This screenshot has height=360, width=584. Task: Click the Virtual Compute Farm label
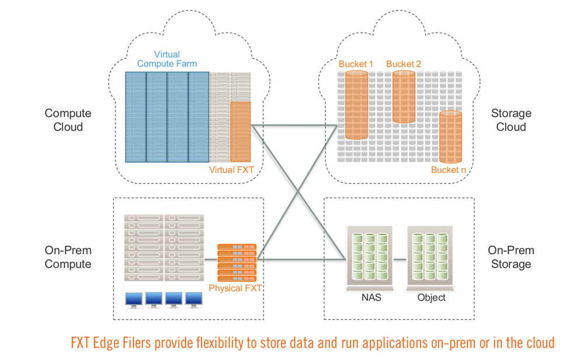pyautogui.click(x=167, y=59)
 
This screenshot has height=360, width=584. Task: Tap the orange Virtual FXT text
pyautogui.click(x=231, y=170)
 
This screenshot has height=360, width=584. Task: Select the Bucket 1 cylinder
pyautogui.click(x=356, y=105)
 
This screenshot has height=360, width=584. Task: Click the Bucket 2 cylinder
pyautogui.click(x=404, y=96)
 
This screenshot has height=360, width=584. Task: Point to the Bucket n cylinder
pyautogui.click(x=450, y=137)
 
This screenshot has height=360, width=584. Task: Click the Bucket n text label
pyautogui.click(x=449, y=170)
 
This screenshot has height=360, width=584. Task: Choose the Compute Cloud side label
pyautogui.click(x=68, y=120)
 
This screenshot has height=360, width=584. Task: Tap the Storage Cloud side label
pyautogui.click(x=511, y=120)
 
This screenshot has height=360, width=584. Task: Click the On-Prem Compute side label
pyautogui.click(x=68, y=257)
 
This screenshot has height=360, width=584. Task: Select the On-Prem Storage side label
pyautogui.click(x=511, y=257)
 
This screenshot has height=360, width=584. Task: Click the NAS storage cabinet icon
pyautogui.click(x=370, y=258)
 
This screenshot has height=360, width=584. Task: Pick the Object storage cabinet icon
pyautogui.click(x=430, y=258)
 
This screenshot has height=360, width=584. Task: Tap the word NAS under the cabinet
pyautogui.click(x=371, y=297)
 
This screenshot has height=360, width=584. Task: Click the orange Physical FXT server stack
pyautogui.click(x=237, y=262)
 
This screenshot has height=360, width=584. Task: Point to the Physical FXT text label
pyautogui.click(x=235, y=288)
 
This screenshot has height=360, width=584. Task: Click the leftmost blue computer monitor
pyautogui.click(x=134, y=300)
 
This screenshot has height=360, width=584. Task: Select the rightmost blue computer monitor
pyautogui.click(x=194, y=300)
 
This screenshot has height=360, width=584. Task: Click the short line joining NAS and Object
pyautogui.click(x=399, y=259)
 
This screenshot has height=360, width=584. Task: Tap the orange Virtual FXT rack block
pyautogui.click(x=240, y=131)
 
